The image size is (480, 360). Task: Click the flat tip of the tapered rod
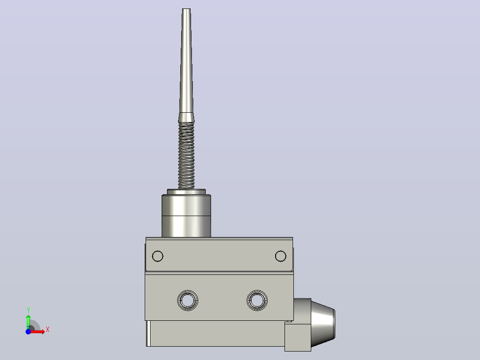[186, 9]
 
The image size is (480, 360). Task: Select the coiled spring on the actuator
[187, 155]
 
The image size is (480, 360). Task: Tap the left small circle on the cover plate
[158, 256]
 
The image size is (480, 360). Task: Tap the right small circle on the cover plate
[281, 256]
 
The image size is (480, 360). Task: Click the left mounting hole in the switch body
[187, 301]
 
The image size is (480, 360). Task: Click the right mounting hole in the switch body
[257, 301]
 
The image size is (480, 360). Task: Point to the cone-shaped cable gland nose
[323, 324]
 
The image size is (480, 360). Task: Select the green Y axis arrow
[28, 322]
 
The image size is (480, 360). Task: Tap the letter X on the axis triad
[48, 330]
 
